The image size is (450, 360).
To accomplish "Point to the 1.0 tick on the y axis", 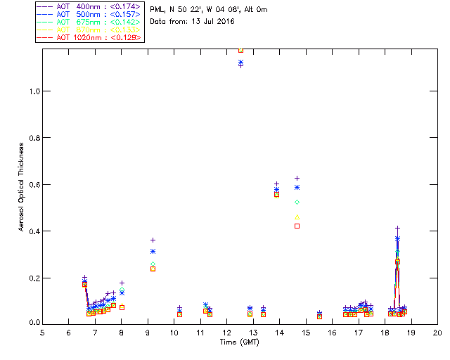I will point(33,91).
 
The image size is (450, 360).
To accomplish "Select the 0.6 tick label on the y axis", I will point(33,184).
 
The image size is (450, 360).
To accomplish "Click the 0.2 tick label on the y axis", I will point(33,278).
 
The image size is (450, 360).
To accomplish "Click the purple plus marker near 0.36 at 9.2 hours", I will point(153,240).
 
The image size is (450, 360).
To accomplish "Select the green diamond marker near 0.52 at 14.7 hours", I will point(297,202).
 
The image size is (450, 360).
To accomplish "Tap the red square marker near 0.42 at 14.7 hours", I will point(297,226).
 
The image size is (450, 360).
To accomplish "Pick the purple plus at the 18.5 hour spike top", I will point(397,229).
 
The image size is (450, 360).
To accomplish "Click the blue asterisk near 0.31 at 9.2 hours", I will point(153,251).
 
